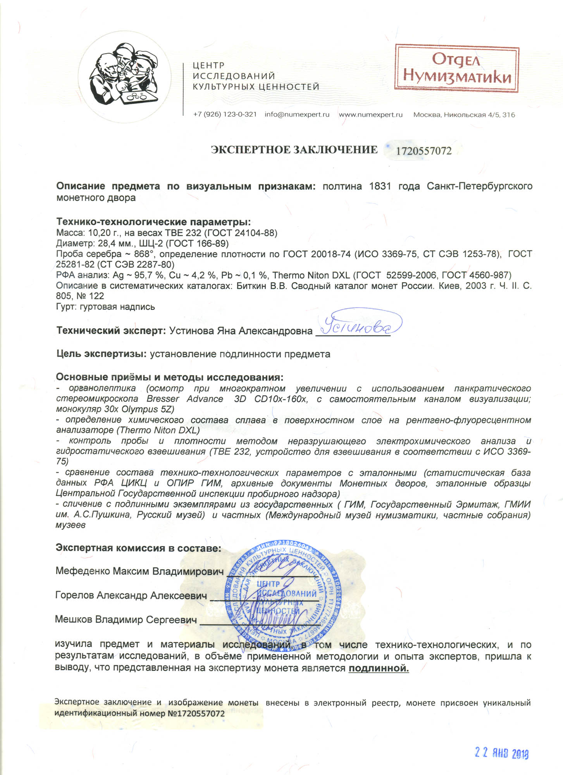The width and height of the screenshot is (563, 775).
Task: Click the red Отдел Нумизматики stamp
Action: pos(456,68)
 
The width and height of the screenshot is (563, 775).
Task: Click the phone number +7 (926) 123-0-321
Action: pos(225,115)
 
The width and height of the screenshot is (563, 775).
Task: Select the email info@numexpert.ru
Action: pos(297,115)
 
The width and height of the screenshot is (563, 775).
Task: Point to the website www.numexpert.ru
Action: pos(370,115)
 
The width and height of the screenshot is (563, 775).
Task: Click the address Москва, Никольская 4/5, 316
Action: pos(464,115)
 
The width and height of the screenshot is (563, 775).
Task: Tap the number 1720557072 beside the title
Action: pos(424,151)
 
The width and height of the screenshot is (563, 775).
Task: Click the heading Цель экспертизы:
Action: pos(101,354)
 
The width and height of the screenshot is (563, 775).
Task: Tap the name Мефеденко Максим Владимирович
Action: pos(139,571)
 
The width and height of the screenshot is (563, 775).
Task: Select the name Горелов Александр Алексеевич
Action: pos(131,595)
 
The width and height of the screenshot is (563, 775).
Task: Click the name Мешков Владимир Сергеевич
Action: pos(126,619)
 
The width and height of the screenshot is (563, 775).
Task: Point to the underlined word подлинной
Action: pos(379,668)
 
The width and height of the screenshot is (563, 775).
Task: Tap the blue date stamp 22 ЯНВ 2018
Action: pos(501,753)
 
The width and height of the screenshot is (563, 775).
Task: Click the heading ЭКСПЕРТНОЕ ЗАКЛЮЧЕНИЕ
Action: pos(294,150)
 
